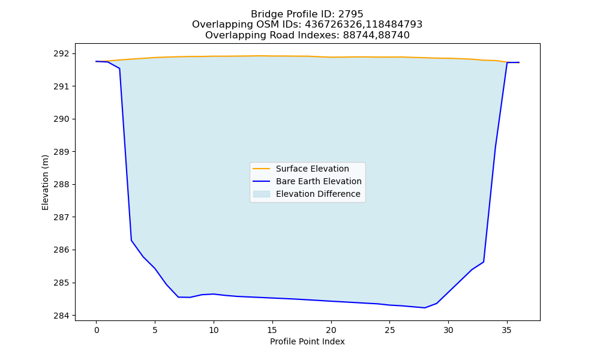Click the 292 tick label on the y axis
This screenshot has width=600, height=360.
pyautogui.click(x=61, y=53)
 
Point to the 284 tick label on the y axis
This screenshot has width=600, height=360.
pyautogui.click(x=61, y=316)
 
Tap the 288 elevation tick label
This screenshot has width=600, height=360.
pyautogui.click(x=61, y=184)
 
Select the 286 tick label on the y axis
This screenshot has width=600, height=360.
pyautogui.click(x=61, y=250)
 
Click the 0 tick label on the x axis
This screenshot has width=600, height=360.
pyautogui.click(x=97, y=330)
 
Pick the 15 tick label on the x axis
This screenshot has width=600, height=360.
pyautogui.click(x=272, y=330)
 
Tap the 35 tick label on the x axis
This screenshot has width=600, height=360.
pyautogui.click(x=507, y=330)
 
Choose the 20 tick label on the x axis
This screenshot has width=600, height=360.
pyautogui.click(x=331, y=330)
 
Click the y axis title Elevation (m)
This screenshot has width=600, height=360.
pyautogui.click(x=45, y=182)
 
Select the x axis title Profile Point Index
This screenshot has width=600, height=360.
pyautogui.click(x=307, y=341)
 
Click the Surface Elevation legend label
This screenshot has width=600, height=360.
pyautogui.click(x=312, y=169)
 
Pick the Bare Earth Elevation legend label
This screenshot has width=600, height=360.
pyautogui.click(x=319, y=181)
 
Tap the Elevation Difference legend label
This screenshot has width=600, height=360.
pyautogui.click(x=318, y=194)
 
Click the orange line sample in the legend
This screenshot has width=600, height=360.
pyautogui.click(x=262, y=169)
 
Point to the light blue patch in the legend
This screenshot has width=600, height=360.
pyautogui.click(x=262, y=194)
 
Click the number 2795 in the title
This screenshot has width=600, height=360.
pyautogui.click(x=350, y=14)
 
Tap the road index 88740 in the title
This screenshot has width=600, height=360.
pyautogui.click(x=394, y=35)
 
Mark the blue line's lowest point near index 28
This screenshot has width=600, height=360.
pyautogui.click(x=425, y=308)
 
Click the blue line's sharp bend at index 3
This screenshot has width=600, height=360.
pyautogui.click(x=131, y=240)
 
